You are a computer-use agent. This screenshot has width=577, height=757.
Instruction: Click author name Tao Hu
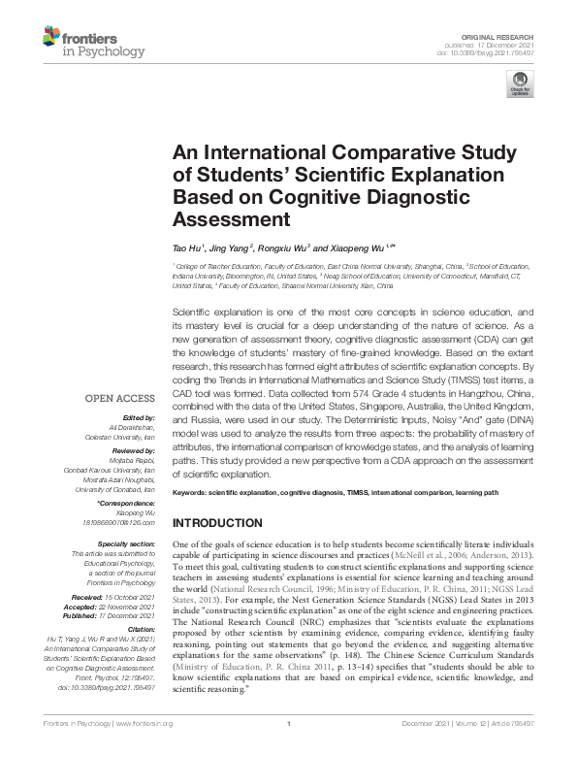tap(186, 247)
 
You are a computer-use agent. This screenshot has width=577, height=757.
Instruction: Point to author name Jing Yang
tap(234, 247)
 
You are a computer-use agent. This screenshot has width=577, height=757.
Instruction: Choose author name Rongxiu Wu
tap(287, 247)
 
